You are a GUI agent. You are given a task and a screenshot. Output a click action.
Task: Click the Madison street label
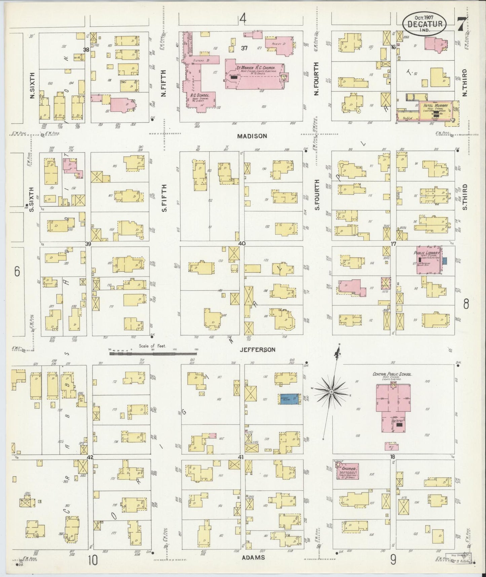pyautogui.click(x=252, y=136)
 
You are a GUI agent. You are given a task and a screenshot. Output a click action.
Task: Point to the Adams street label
pyautogui.click(x=253, y=557)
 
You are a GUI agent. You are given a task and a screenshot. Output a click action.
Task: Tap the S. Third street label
pyautogui.click(x=465, y=197)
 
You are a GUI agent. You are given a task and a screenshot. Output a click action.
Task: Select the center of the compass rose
pyautogui.click(x=331, y=392)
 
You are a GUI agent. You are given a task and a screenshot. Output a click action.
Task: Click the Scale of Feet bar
pyautogui.click(x=153, y=354)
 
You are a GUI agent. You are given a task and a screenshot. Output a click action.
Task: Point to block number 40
pyautogui.click(x=241, y=243)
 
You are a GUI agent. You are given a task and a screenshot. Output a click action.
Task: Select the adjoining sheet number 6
pyautogui.click(x=17, y=271)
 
